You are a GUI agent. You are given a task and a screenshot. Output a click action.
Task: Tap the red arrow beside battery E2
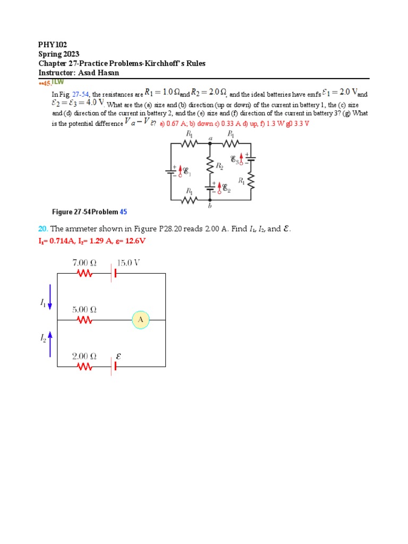pos(218,186)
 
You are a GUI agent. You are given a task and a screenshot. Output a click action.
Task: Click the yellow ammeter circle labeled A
pos(141,320)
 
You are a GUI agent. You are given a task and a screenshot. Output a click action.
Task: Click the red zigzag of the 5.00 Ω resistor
pos(85,320)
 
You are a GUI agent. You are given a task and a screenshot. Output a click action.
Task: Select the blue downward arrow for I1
pos(50,296)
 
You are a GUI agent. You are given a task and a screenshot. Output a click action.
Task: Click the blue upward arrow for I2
pos(50,343)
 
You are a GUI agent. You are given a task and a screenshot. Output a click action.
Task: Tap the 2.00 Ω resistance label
pos(84,356)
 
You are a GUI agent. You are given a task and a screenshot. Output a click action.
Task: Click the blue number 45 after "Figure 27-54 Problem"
pos(123,212)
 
